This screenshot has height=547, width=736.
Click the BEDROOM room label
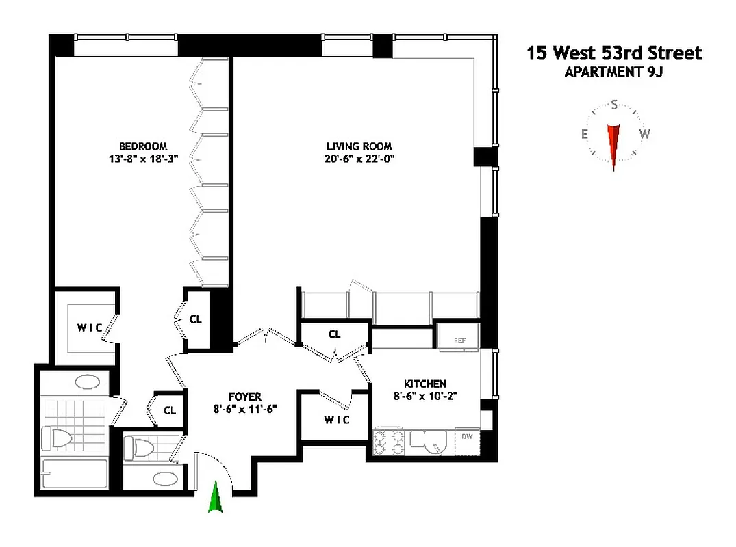tap(142, 146)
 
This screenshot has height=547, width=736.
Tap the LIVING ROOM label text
tap(359, 146)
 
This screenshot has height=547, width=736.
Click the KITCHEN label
tap(424, 384)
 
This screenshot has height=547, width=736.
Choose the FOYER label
tap(244, 397)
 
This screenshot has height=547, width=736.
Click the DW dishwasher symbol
tap(467, 436)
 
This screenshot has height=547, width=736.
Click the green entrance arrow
tap(216, 497)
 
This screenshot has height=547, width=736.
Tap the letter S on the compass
tap(614, 105)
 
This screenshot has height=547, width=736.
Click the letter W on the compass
tap(644, 134)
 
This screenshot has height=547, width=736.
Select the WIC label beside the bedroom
tap(89, 328)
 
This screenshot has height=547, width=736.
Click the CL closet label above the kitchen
tap(334, 334)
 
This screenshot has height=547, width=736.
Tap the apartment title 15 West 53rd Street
tap(613, 53)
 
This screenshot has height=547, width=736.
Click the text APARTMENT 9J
tap(613, 72)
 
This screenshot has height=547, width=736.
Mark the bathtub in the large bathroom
tap(74, 475)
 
